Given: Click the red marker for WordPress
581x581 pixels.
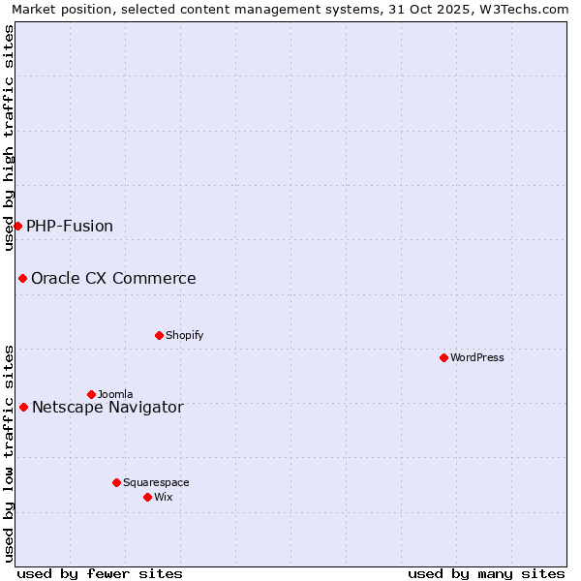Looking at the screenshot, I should click(444, 357).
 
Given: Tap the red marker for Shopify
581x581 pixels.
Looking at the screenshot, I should click(160, 335).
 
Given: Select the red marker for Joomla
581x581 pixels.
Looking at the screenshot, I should click(92, 394).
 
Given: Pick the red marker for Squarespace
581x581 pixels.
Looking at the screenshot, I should click(117, 482).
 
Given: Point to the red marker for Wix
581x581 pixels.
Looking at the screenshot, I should click(148, 497).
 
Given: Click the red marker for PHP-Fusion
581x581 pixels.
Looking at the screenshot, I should click(17, 226).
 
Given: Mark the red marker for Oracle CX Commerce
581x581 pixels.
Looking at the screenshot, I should click(22, 278).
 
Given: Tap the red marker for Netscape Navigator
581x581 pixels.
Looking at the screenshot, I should click(23, 407).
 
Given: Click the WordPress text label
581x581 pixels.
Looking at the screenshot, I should click(477, 357).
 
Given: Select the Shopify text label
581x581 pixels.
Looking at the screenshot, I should click(184, 335).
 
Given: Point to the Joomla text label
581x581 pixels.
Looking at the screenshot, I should click(115, 394).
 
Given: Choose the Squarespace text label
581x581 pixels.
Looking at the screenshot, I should click(156, 482).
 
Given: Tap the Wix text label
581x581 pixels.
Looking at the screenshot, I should click(163, 497).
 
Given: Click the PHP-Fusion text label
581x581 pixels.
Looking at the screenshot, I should click(70, 226).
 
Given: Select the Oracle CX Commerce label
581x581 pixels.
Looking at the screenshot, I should click(113, 278).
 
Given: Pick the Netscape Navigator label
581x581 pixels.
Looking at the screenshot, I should click(107, 407).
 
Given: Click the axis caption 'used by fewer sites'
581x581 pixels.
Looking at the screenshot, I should click(100, 573).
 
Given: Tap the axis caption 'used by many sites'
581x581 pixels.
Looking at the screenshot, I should click(486, 573).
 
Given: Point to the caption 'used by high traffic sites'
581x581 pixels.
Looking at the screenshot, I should click(9, 138).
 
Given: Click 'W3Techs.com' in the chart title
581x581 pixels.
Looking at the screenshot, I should click(522, 9).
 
